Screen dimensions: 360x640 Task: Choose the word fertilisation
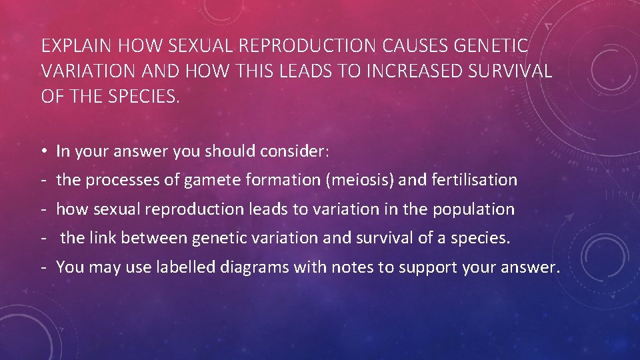(x=475, y=180)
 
